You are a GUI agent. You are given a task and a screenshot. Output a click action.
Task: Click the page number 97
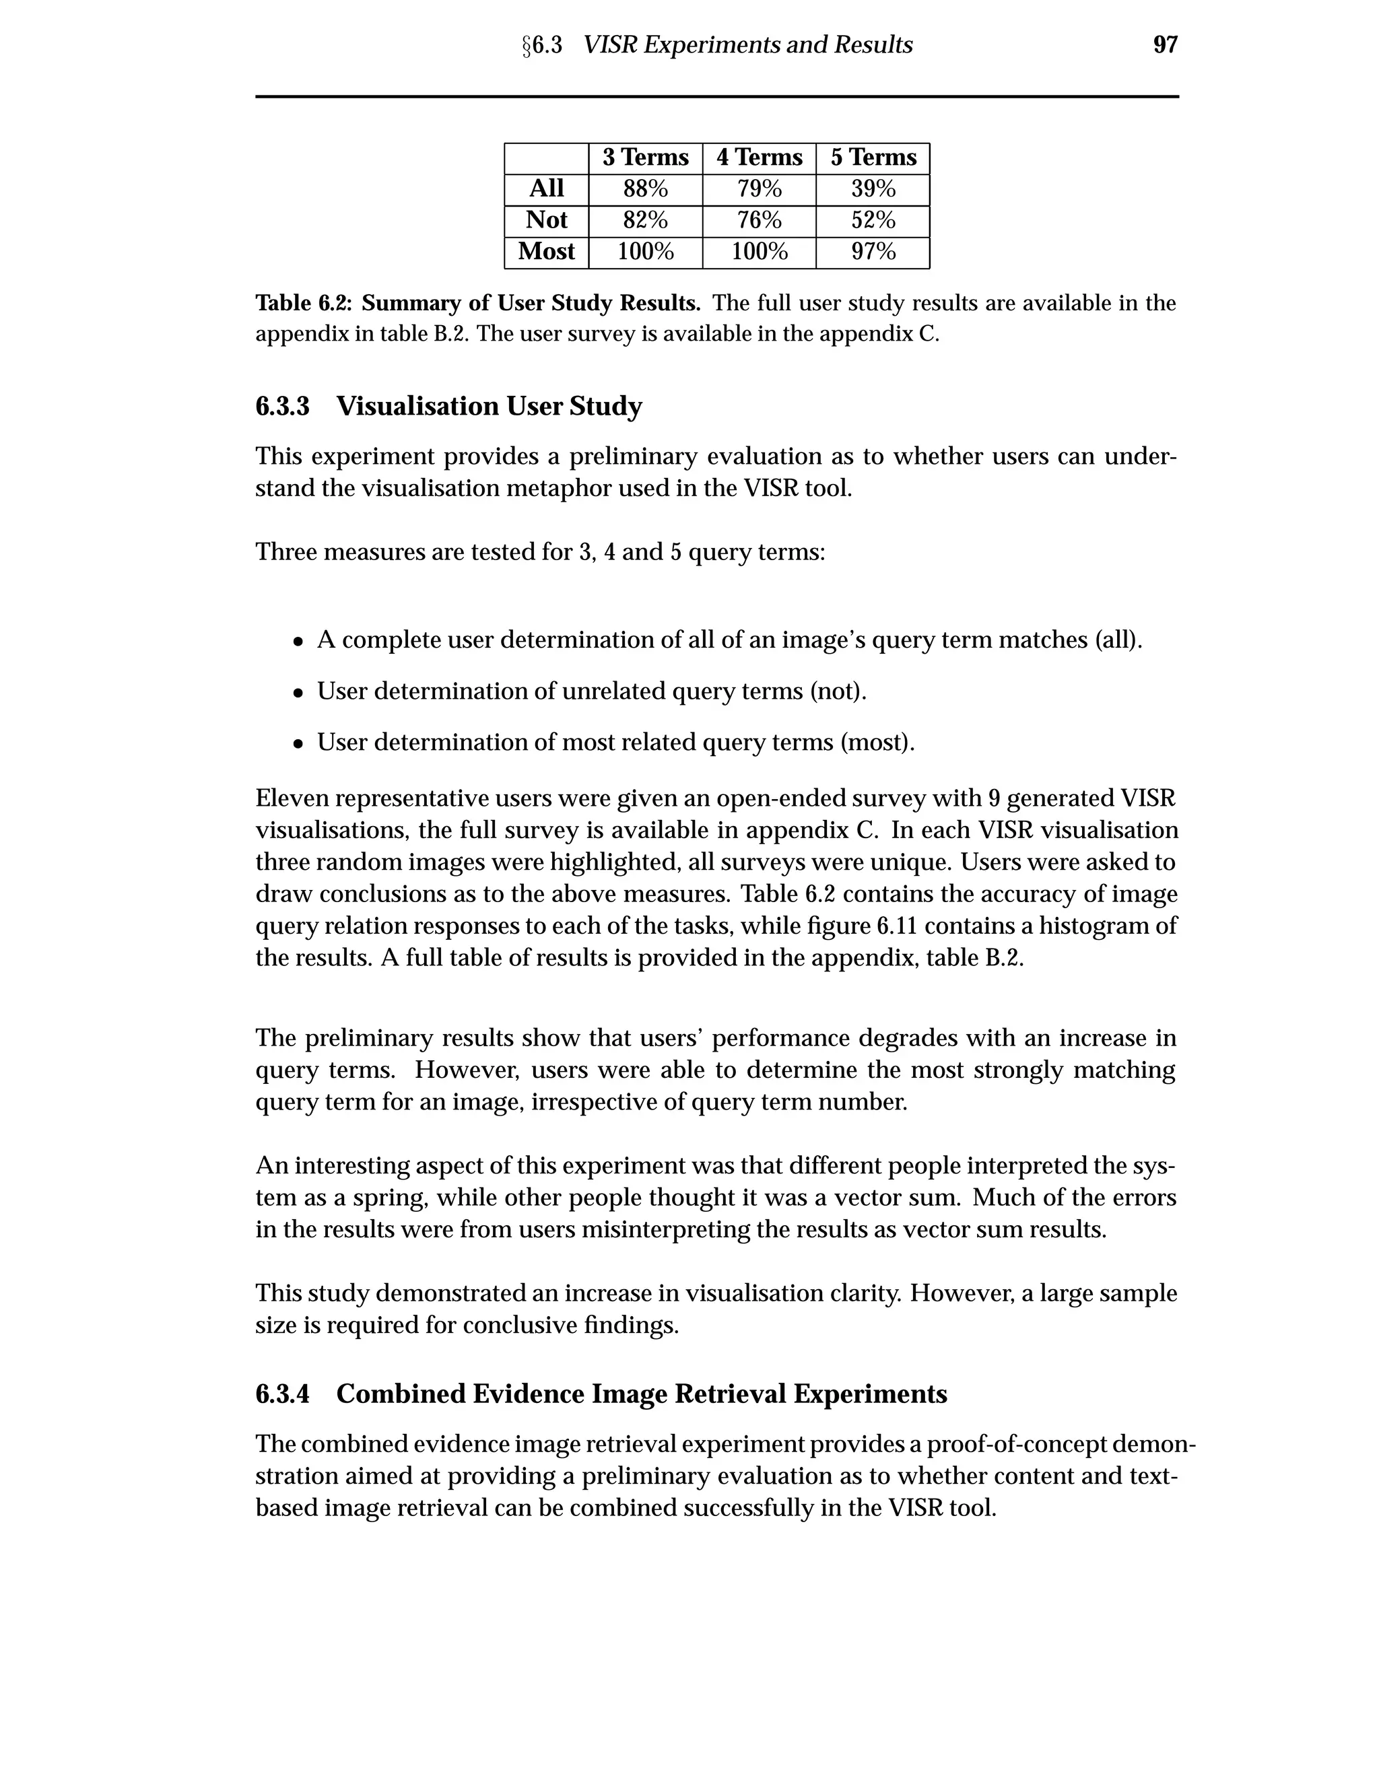coord(1165,45)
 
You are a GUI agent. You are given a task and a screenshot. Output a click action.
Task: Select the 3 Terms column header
coord(645,158)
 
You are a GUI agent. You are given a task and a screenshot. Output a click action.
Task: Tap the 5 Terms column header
coord(873,158)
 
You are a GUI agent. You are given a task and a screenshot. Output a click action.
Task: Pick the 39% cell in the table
coord(873,190)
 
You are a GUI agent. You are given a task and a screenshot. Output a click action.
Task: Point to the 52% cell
coord(873,221)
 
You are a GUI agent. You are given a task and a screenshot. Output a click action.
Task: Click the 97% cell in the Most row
coord(873,252)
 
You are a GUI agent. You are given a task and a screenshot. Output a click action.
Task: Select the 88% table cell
coord(645,190)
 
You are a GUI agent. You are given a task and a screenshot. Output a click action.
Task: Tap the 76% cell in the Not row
coord(759,221)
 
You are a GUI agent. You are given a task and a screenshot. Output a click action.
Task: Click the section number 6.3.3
coord(283,406)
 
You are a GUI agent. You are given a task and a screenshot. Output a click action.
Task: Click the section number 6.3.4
coord(283,1394)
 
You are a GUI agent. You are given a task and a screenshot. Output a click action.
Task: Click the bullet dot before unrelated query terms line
coord(299,693)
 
